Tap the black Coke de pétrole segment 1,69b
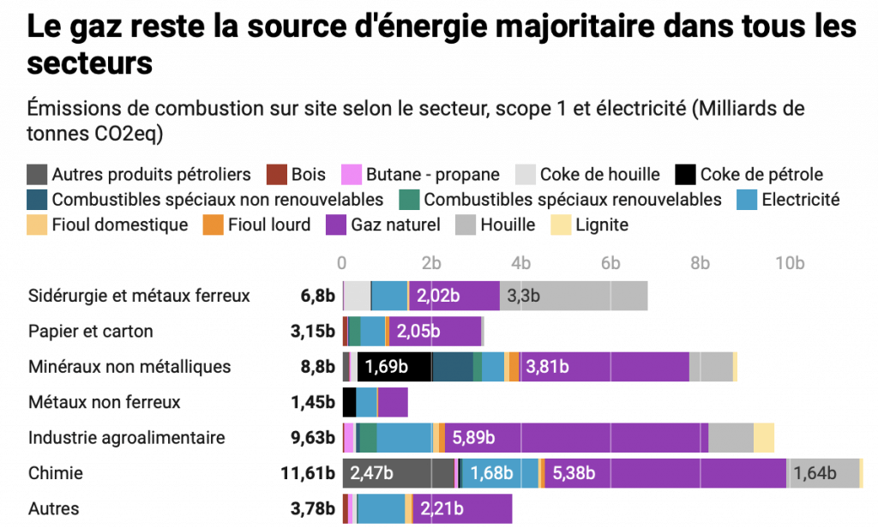pyautogui.click(x=394, y=367)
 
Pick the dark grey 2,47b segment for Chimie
pyautogui.click(x=399, y=473)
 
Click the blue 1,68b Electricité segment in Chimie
pyautogui.click(x=500, y=473)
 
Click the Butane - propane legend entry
pyautogui.click(x=432, y=175)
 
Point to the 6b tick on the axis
pyautogui.click(x=610, y=262)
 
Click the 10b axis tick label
pyautogui.click(x=790, y=262)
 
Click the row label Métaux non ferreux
pyautogui.click(x=105, y=402)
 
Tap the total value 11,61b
pyautogui.click(x=314, y=473)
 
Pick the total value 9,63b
pyautogui.click(x=314, y=437)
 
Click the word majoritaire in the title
pyautogui.click(x=556, y=26)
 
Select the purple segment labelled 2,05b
pyautogui.click(x=436, y=331)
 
